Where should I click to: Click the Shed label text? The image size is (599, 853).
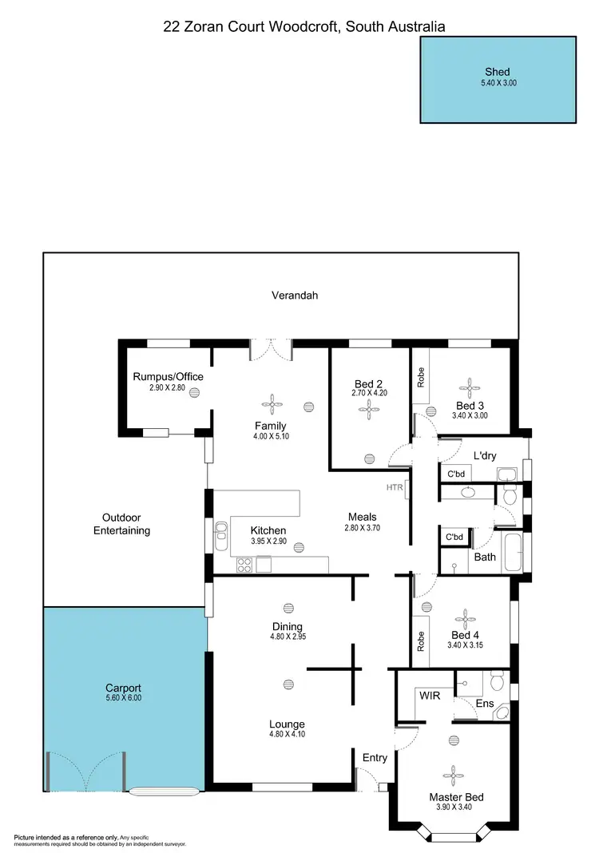pos(498,71)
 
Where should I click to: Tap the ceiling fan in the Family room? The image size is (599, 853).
pos(271,402)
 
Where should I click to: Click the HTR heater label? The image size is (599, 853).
pos(395,487)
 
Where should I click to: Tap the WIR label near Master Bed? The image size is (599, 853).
pos(430,696)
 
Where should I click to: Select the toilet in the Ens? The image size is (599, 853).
pos(497,680)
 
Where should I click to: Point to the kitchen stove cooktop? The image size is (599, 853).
pos(244,565)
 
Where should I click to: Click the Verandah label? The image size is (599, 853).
pos(296,296)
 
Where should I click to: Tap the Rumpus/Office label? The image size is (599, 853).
pos(168,377)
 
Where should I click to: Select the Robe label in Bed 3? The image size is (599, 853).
pos(420,377)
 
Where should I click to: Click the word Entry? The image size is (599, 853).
pos(375,757)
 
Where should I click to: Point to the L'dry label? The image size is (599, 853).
pos(484,456)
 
